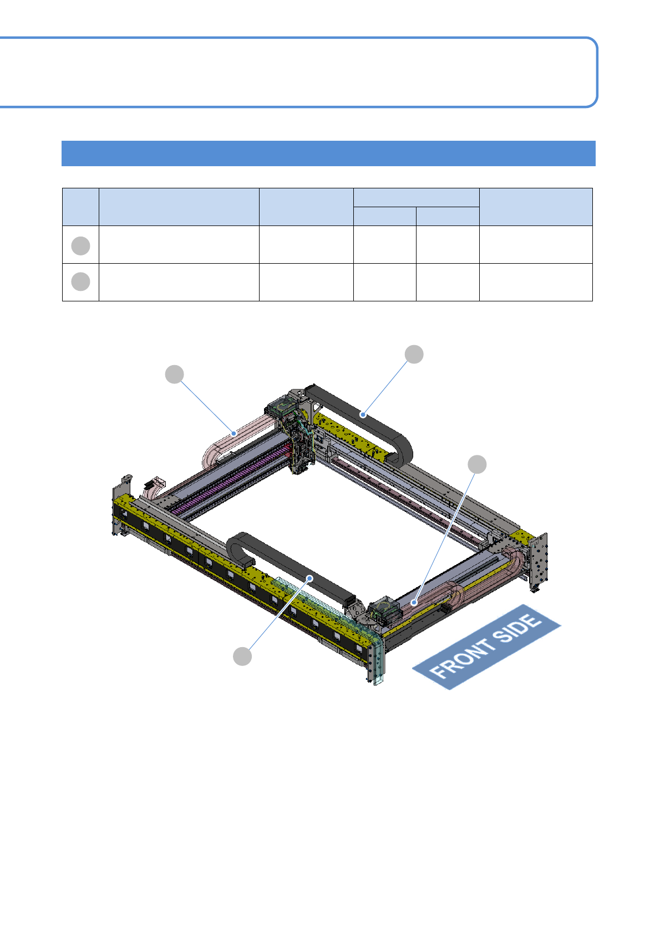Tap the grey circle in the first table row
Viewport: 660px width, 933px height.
pyautogui.click(x=80, y=246)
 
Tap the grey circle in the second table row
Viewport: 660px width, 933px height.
pyautogui.click(x=80, y=281)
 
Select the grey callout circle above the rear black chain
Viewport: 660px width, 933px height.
pyautogui.click(x=414, y=354)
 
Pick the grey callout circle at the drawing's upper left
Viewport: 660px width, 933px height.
pyautogui.click(x=175, y=374)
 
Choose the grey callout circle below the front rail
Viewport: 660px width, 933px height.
pyautogui.click(x=242, y=657)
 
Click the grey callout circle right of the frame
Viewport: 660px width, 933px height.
pyautogui.click(x=477, y=464)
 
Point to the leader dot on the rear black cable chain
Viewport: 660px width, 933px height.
pyautogui.click(x=363, y=414)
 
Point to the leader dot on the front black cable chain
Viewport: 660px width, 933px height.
pyautogui.click(x=310, y=578)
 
